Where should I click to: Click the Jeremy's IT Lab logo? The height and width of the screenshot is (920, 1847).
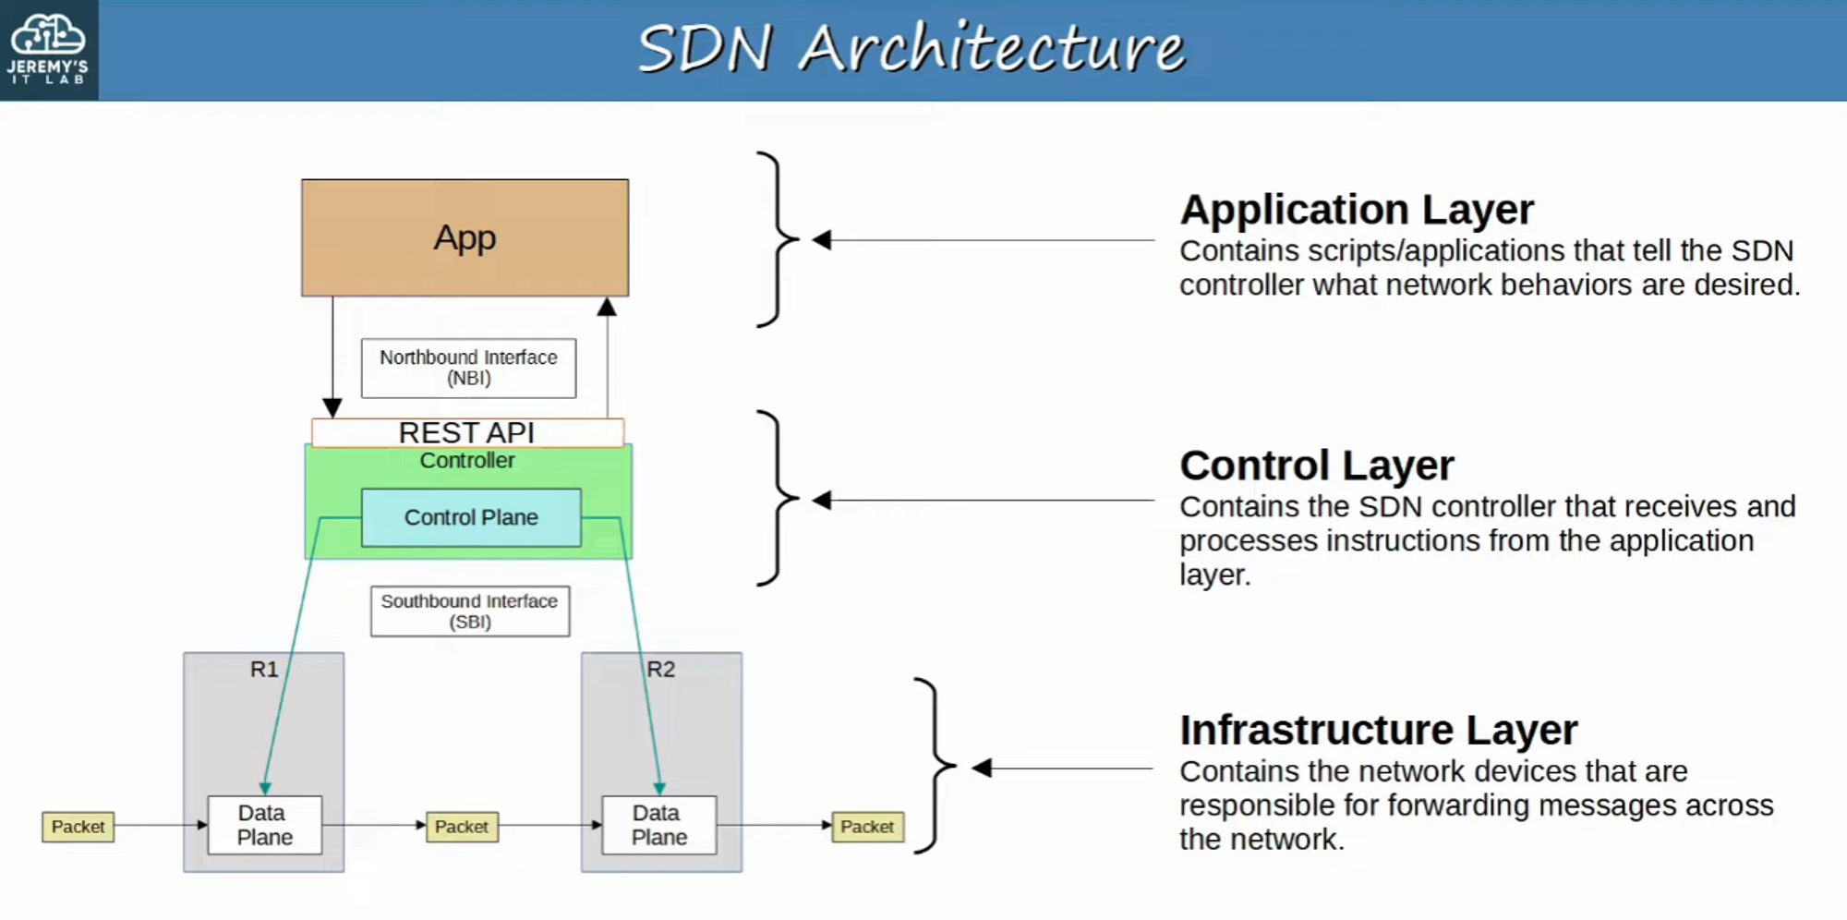(x=48, y=48)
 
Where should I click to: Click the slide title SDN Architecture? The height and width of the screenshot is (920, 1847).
(x=911, y=48)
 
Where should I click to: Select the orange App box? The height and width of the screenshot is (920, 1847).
(x=465, y=237)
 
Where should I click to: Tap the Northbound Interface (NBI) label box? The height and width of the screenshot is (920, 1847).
(x=468, y=368)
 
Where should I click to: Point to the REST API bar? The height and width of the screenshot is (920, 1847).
(x=467, y=432)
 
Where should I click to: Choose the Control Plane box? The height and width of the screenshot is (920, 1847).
(x=471, y=517)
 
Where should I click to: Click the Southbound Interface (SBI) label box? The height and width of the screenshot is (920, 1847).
(x=470, y=611)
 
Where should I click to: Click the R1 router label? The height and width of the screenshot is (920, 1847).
(x=264, y=669)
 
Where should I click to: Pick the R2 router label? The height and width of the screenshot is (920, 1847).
(x=661, y=669)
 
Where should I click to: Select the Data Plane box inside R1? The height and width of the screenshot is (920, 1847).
(x=265, y=825)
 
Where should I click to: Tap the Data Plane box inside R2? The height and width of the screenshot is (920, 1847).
(x=659, y=825)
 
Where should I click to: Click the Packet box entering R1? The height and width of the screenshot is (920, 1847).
(x=78, y=827)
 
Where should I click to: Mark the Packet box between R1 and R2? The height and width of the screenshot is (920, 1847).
(x=462, y=827)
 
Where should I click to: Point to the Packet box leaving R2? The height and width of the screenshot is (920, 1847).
(x=867, y=827)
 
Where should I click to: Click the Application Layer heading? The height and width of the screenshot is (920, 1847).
(x=1357, y=210)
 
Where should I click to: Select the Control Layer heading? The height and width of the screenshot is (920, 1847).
(x=1317, y=466)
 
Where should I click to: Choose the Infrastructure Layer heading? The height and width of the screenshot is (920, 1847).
(x=1379, y=730)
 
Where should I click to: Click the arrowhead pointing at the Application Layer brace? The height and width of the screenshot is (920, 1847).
(x=822, y=240)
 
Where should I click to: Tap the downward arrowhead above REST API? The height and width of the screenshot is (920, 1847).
(x=332, y=407)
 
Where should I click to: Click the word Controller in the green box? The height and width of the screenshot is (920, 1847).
(x=467, y=460)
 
